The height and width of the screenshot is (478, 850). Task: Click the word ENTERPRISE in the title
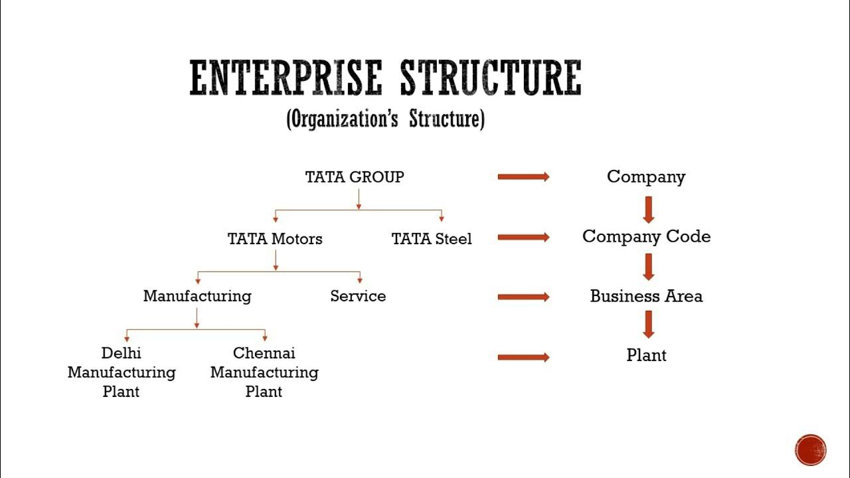coord(286,78)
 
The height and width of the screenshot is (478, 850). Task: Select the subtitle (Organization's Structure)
coord(385,119)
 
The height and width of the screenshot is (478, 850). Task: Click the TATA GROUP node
coord(355,177)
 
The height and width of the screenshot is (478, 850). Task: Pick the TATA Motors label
coord(275,239)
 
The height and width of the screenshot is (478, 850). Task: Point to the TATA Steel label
coord(432,239)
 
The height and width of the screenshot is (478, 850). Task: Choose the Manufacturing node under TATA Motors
coord(197,296)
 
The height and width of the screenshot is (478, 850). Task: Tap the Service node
coord(358,296)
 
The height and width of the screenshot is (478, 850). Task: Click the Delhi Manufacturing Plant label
coord(122,372)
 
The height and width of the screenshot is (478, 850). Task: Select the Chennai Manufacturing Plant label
coord(264,372)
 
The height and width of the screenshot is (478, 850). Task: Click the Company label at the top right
coord(646,177)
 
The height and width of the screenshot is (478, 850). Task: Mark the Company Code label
coord(646,237)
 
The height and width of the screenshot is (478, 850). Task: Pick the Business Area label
coord(646,296)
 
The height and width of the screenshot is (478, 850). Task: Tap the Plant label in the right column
coord(646,355)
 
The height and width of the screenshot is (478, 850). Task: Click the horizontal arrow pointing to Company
coord(523,177)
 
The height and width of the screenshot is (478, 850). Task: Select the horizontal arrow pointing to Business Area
coord(523,297)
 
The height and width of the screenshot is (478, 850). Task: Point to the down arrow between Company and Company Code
coord(649,208)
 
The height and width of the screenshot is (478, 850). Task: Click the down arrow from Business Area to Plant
coord(649,324)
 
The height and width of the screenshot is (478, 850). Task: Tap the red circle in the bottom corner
coord(810,449)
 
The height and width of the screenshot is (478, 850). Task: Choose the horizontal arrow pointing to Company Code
coord(523,237)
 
